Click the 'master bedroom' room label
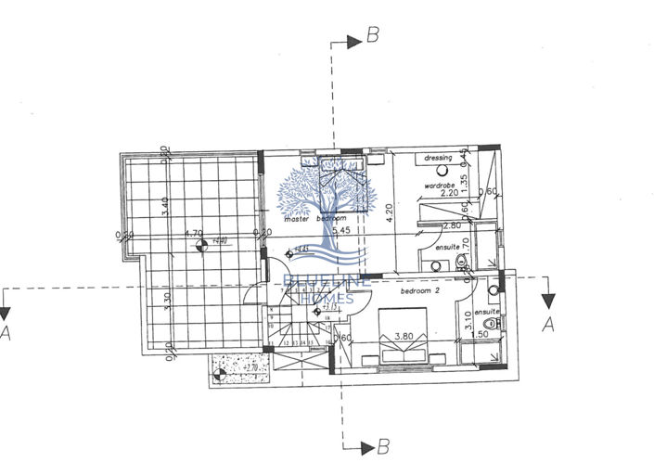310,220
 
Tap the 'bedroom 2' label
420,290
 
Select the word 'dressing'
438,159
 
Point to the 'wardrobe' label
439,186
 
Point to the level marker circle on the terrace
201,246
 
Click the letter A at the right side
547,324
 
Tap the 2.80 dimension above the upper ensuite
452,225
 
